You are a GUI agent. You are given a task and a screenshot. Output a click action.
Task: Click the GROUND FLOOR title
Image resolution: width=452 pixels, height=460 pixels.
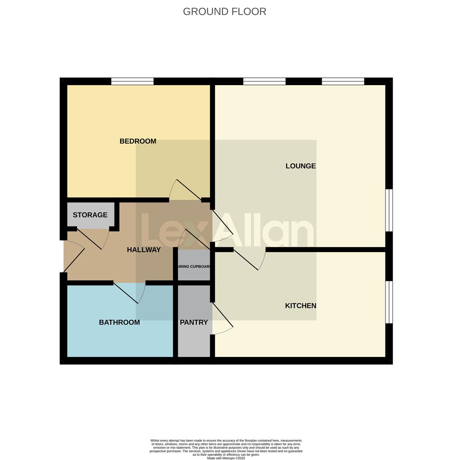[224, 11]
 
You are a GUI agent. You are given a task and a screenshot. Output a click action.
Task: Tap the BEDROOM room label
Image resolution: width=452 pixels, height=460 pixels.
[138, 141]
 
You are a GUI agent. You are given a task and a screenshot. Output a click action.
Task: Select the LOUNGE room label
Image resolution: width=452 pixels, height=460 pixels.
[301, 166]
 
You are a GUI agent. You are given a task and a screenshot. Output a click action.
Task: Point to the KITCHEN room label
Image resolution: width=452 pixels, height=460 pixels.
[301, 305]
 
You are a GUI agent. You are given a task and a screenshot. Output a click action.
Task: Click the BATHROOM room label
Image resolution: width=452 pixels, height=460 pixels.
[119, 322]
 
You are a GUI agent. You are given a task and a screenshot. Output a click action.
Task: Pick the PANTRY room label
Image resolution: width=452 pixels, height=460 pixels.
[194, 322]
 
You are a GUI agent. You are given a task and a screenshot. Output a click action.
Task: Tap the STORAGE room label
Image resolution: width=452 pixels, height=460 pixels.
[90, 215]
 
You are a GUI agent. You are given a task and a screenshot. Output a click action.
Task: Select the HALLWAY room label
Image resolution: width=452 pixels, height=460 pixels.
[144, 250]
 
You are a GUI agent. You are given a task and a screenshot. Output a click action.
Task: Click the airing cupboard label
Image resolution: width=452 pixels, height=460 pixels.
[194, 267]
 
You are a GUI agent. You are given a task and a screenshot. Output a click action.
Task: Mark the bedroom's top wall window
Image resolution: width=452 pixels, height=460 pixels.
[132, 81]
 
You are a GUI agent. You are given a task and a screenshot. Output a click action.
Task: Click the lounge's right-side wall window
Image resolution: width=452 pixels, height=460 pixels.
[389, 210]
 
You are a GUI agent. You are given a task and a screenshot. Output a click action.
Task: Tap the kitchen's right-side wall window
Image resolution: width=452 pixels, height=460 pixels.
[389, 302]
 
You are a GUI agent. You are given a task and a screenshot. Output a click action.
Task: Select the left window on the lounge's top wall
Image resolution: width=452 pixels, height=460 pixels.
[264, 81]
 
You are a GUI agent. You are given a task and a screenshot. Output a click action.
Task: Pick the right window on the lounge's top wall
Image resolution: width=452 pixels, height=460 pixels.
[343, 81]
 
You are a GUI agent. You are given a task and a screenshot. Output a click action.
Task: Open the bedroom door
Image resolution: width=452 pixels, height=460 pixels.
[186, 191]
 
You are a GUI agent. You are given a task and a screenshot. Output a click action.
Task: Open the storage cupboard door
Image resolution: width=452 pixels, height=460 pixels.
[91, 239]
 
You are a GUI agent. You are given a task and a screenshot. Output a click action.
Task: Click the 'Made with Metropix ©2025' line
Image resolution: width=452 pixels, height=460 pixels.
[226, 458]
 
